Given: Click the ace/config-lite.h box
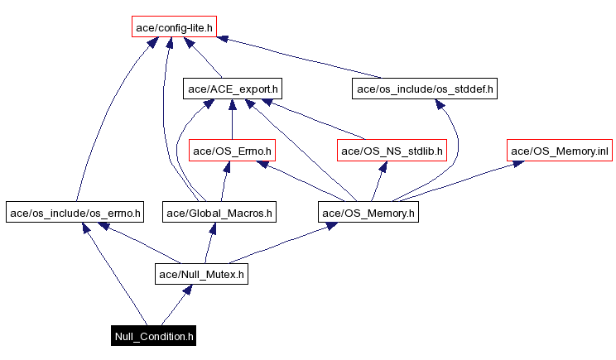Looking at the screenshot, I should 173,27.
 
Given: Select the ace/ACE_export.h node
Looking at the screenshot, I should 232,88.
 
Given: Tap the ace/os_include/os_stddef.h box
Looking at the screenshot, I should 425,88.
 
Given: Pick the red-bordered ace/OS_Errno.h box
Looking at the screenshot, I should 233,151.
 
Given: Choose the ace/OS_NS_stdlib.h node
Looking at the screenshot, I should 392,151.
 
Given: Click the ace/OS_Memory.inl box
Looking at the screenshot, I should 560,151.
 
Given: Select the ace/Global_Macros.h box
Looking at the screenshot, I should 219,213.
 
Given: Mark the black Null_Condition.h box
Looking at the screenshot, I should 155,336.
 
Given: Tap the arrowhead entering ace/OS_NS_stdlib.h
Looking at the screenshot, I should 384,166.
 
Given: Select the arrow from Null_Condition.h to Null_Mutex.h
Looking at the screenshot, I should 176,305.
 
